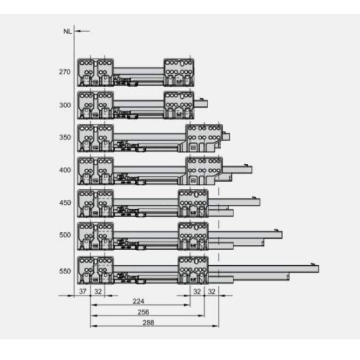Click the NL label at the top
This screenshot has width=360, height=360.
click(x=67, y=31)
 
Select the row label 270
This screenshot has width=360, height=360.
click(x=64, y=72)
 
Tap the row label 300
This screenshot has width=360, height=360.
click(x=65, y=105)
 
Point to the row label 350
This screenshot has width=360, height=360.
click(x=65, y=137)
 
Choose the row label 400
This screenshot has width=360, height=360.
click(x=65, y=170)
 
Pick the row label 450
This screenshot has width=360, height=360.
click(x=65, y=203)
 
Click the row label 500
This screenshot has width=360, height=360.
click(x=65, y=235)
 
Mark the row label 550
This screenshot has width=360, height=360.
click(x=65, y=271)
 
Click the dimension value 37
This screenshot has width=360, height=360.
click(x=83, y=291)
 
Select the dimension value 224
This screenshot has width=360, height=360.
click(x=139, y=301)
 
